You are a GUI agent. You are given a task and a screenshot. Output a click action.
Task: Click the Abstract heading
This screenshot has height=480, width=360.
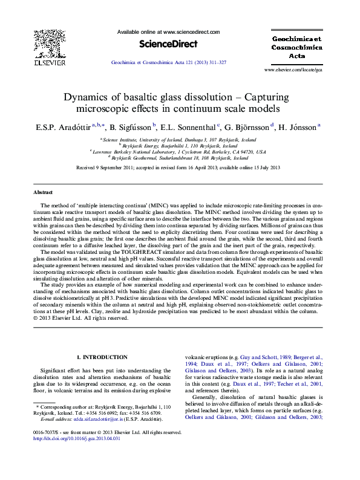point(43,192)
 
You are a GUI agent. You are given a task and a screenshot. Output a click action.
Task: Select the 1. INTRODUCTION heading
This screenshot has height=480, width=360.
point(100,358)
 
